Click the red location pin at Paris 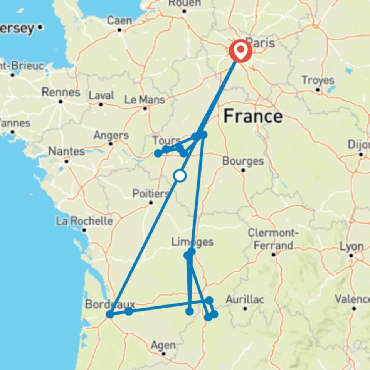point(240,51)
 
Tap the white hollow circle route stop point(180,176)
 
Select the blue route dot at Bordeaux point(110,314)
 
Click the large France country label point(253,116)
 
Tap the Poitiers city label point(150,193)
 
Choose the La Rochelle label point(84,221)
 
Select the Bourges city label point(243,161)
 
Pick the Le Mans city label point(145,100)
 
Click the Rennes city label point(61,92)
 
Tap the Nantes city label point(67,151)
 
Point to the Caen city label point(119,20)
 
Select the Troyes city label point(318,80)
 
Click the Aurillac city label point(245,299)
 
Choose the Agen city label point(163,345)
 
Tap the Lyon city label point(351,246)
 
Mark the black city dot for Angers point(111,144)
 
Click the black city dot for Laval point(101,104)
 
